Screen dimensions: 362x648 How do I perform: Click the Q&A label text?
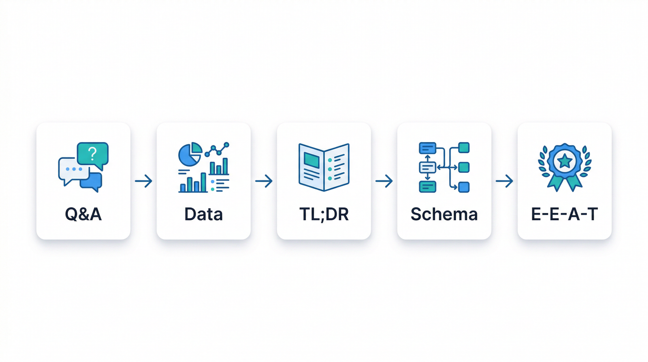click(83, 214)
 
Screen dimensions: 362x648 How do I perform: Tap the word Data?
click(204, 214)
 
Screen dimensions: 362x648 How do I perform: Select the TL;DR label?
click(324, 214)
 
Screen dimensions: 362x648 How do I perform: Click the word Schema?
click(444, 214)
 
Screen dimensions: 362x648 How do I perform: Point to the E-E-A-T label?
click(564, 214)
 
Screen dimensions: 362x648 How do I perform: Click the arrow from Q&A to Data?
click(144, 181)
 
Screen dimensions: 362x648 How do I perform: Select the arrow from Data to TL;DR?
click(264, 181)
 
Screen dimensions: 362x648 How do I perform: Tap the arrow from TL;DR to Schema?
click(384, 181)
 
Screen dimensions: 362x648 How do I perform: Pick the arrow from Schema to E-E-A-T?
click(504, 181)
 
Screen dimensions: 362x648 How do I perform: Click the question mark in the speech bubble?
click(92, 153)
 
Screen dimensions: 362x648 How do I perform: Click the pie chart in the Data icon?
click(189, 154)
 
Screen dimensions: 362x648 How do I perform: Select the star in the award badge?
click(564, 161)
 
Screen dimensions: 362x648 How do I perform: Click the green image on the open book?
click(312, 160)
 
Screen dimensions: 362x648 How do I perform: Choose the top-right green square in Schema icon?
click(464, 148)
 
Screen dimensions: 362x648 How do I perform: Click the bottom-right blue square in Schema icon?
click(464, 187)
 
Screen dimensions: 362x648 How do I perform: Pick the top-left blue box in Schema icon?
click(428, 148)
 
